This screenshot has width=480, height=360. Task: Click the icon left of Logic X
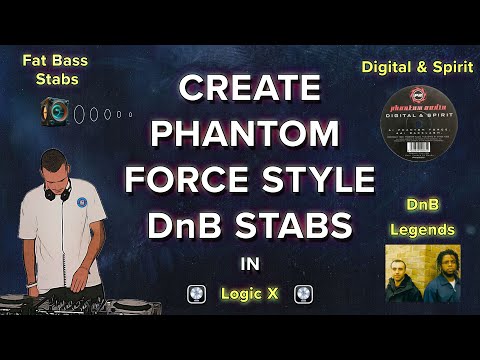[x=198, y=295]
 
